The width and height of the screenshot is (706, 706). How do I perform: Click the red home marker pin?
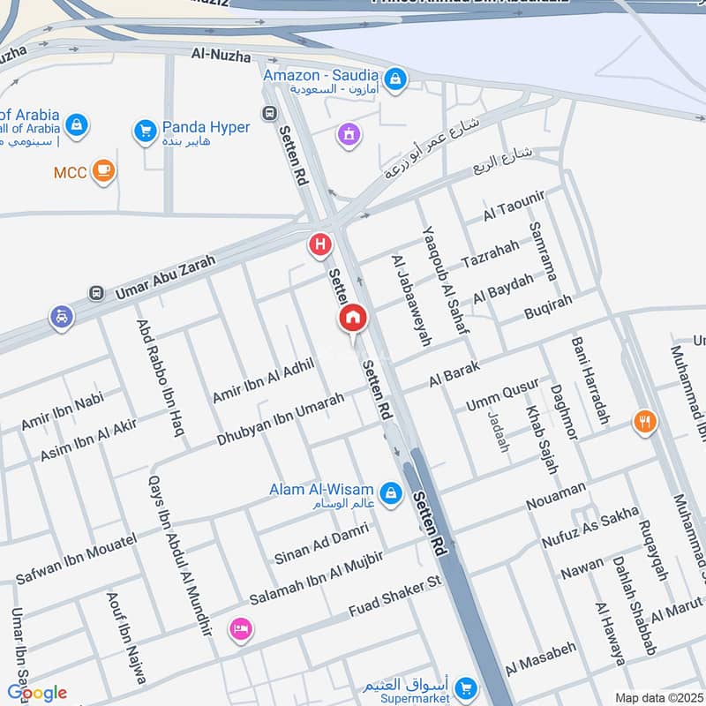353,319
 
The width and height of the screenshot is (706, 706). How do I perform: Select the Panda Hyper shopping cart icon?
145,131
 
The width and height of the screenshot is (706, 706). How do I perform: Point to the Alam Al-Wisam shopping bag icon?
390,492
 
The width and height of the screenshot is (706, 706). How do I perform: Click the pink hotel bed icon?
239,629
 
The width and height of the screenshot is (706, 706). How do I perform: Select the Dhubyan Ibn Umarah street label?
281,418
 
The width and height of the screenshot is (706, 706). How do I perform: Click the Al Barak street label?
454,373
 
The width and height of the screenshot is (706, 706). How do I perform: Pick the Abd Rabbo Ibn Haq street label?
160,378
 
